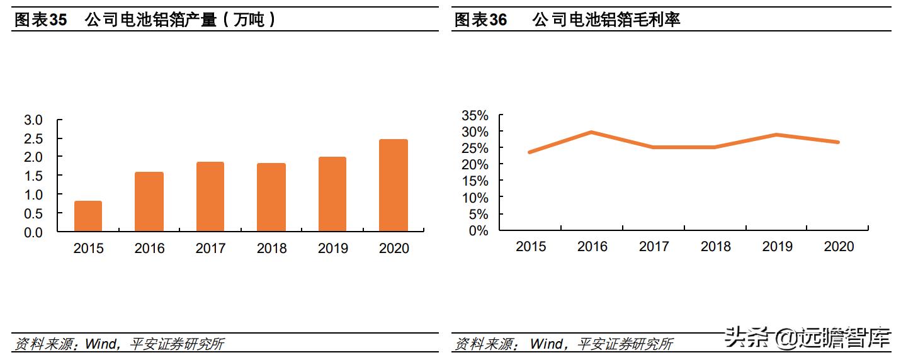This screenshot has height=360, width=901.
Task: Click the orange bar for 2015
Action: (x=88, y=217)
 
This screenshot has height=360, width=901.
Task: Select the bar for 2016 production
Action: (x=149, y=202)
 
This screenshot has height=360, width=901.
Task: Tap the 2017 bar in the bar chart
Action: (x=210, y=197)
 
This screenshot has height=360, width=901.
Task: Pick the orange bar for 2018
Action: (x=271, y=198)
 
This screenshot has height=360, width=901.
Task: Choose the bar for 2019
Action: (x=332, y=194)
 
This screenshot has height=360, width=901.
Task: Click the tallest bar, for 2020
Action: (x=394, y=186)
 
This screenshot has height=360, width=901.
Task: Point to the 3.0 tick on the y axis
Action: (x=33, y=120)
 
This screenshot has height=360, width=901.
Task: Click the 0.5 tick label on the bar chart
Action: (x=33, y=213)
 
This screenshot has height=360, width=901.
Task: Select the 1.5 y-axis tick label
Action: (x=33, y=176)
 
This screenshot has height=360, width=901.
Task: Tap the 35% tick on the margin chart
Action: (x=475, y=115)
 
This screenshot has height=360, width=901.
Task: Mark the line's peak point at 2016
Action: (x=592, y=132)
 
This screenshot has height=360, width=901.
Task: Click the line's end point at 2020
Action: (x=838, y=142)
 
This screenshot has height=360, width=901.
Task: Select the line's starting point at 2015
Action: (x=530, y=152)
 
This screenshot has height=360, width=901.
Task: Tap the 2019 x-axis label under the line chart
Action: (x=777, y=246)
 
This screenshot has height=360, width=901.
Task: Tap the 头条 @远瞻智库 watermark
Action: (x=807, y=338)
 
